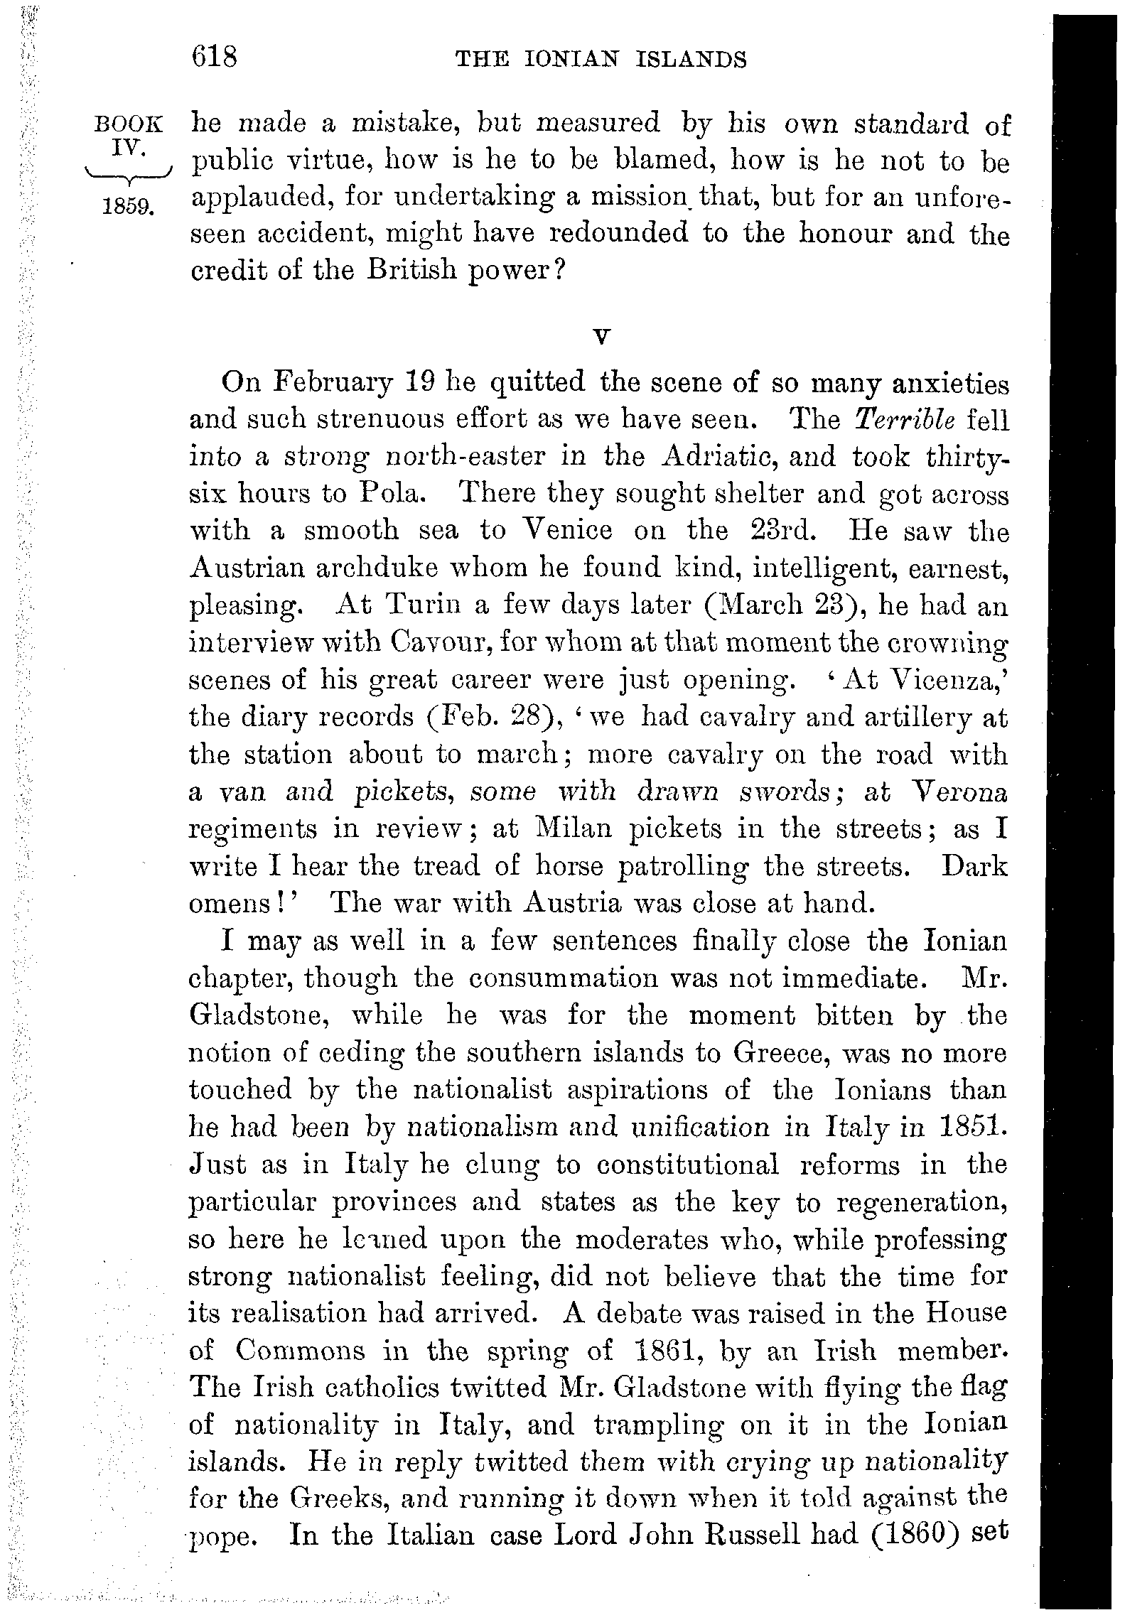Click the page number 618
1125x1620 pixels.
[213, 56]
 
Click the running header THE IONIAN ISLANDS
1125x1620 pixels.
[601, 59]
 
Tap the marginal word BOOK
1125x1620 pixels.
[129, 125]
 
